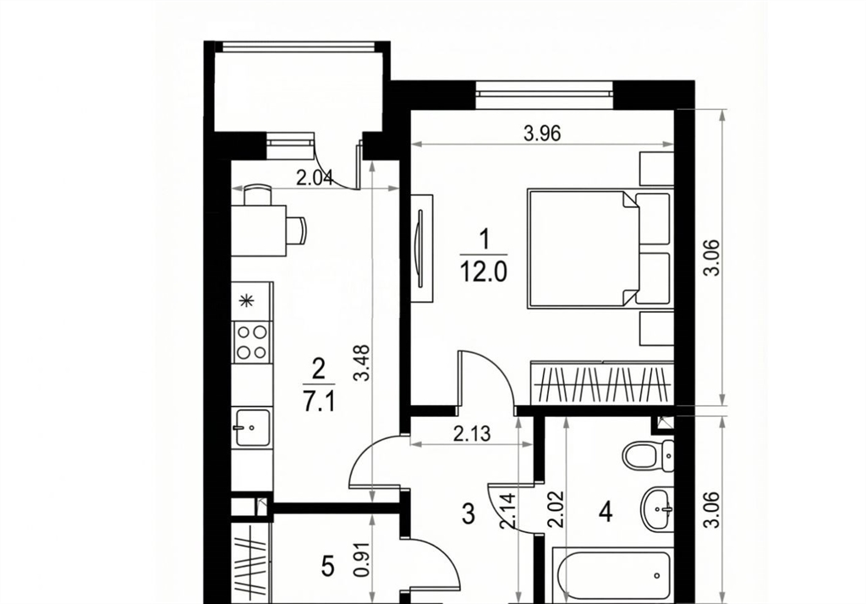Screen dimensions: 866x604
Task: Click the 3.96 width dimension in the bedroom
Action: click(x=542, y=134)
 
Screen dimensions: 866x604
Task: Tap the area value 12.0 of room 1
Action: click(x=484, y=272)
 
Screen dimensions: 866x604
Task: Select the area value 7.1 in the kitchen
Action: click(x=319, y=403)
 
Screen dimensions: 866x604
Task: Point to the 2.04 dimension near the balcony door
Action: click(x=315, y=178)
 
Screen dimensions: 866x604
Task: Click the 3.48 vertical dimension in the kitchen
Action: click(x=362, y=363)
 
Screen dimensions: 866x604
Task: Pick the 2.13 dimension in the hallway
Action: click(x=472, y=434)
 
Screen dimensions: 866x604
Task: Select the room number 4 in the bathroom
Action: click(x=606, y=513)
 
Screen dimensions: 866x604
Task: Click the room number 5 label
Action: click(x=328, y=567)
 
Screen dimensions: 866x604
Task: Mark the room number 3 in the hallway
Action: click(x=468, y=514)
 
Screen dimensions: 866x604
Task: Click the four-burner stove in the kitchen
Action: click(x=252, y=342)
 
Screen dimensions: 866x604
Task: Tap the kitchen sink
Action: click(x=252, y=427)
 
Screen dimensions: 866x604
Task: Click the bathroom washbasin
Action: click(x=657, y=506)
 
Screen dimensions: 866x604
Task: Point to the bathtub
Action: click(x=614, y=574)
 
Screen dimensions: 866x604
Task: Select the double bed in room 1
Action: click(x=600, y=248)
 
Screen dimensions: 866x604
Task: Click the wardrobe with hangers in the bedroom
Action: click(x=602, y=383)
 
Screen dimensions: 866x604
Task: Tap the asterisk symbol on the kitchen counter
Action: click(x=247, y=301)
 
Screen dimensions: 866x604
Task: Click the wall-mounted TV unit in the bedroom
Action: click(x=422, y=248)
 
